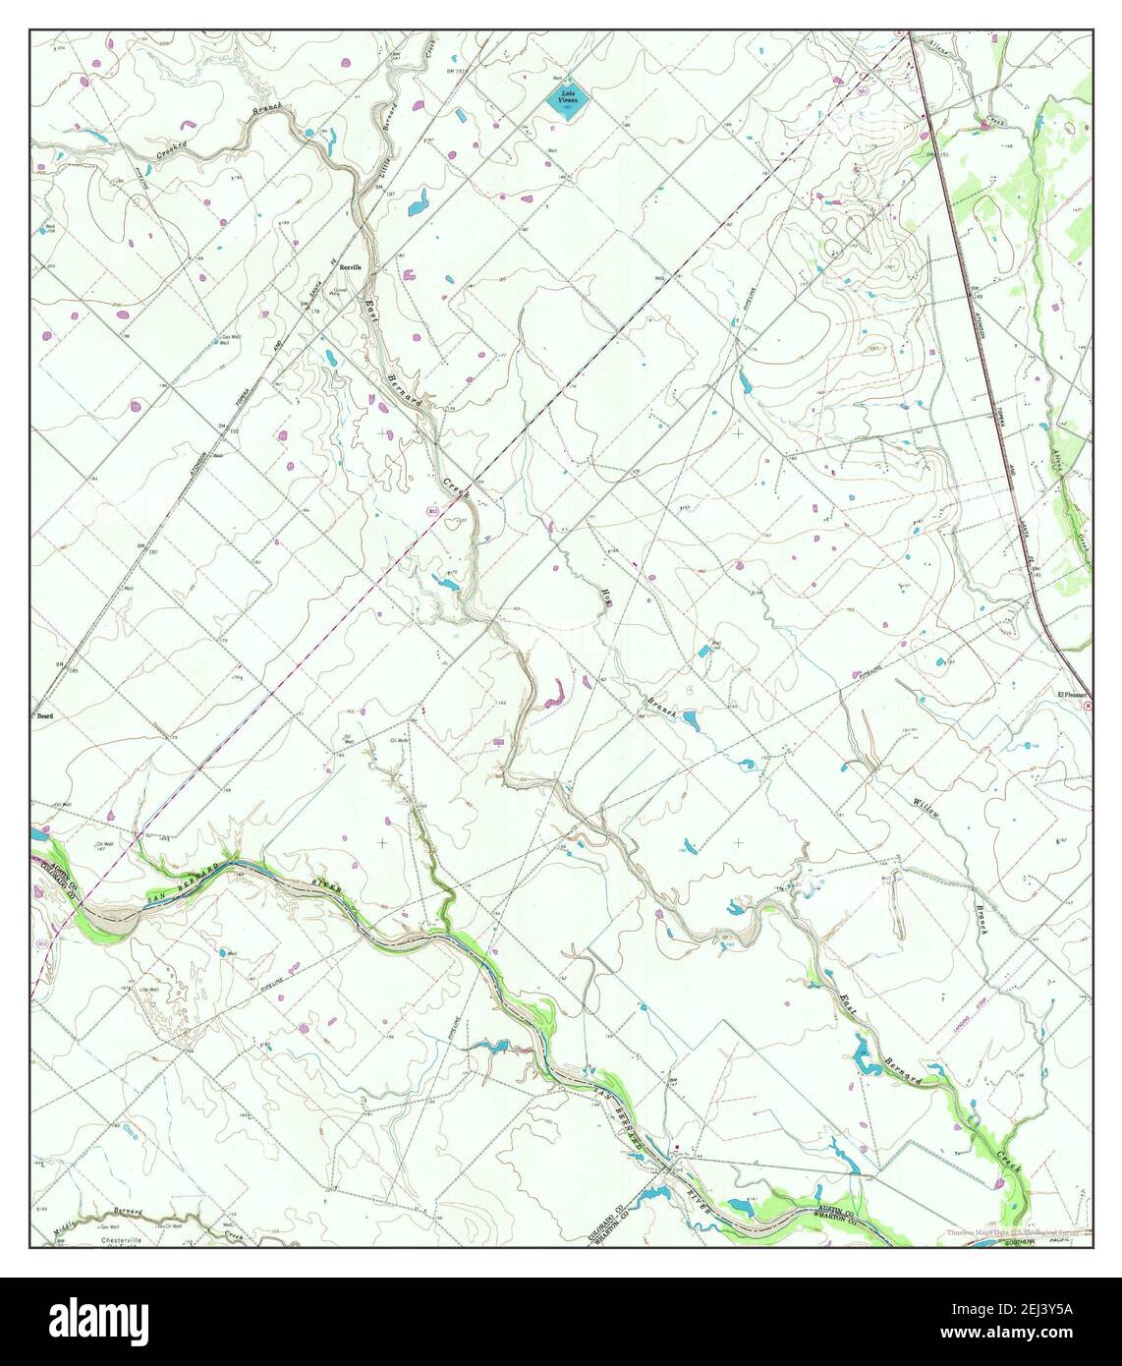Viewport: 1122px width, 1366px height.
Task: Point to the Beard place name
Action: pyautogui.click(x=45, y=716)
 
